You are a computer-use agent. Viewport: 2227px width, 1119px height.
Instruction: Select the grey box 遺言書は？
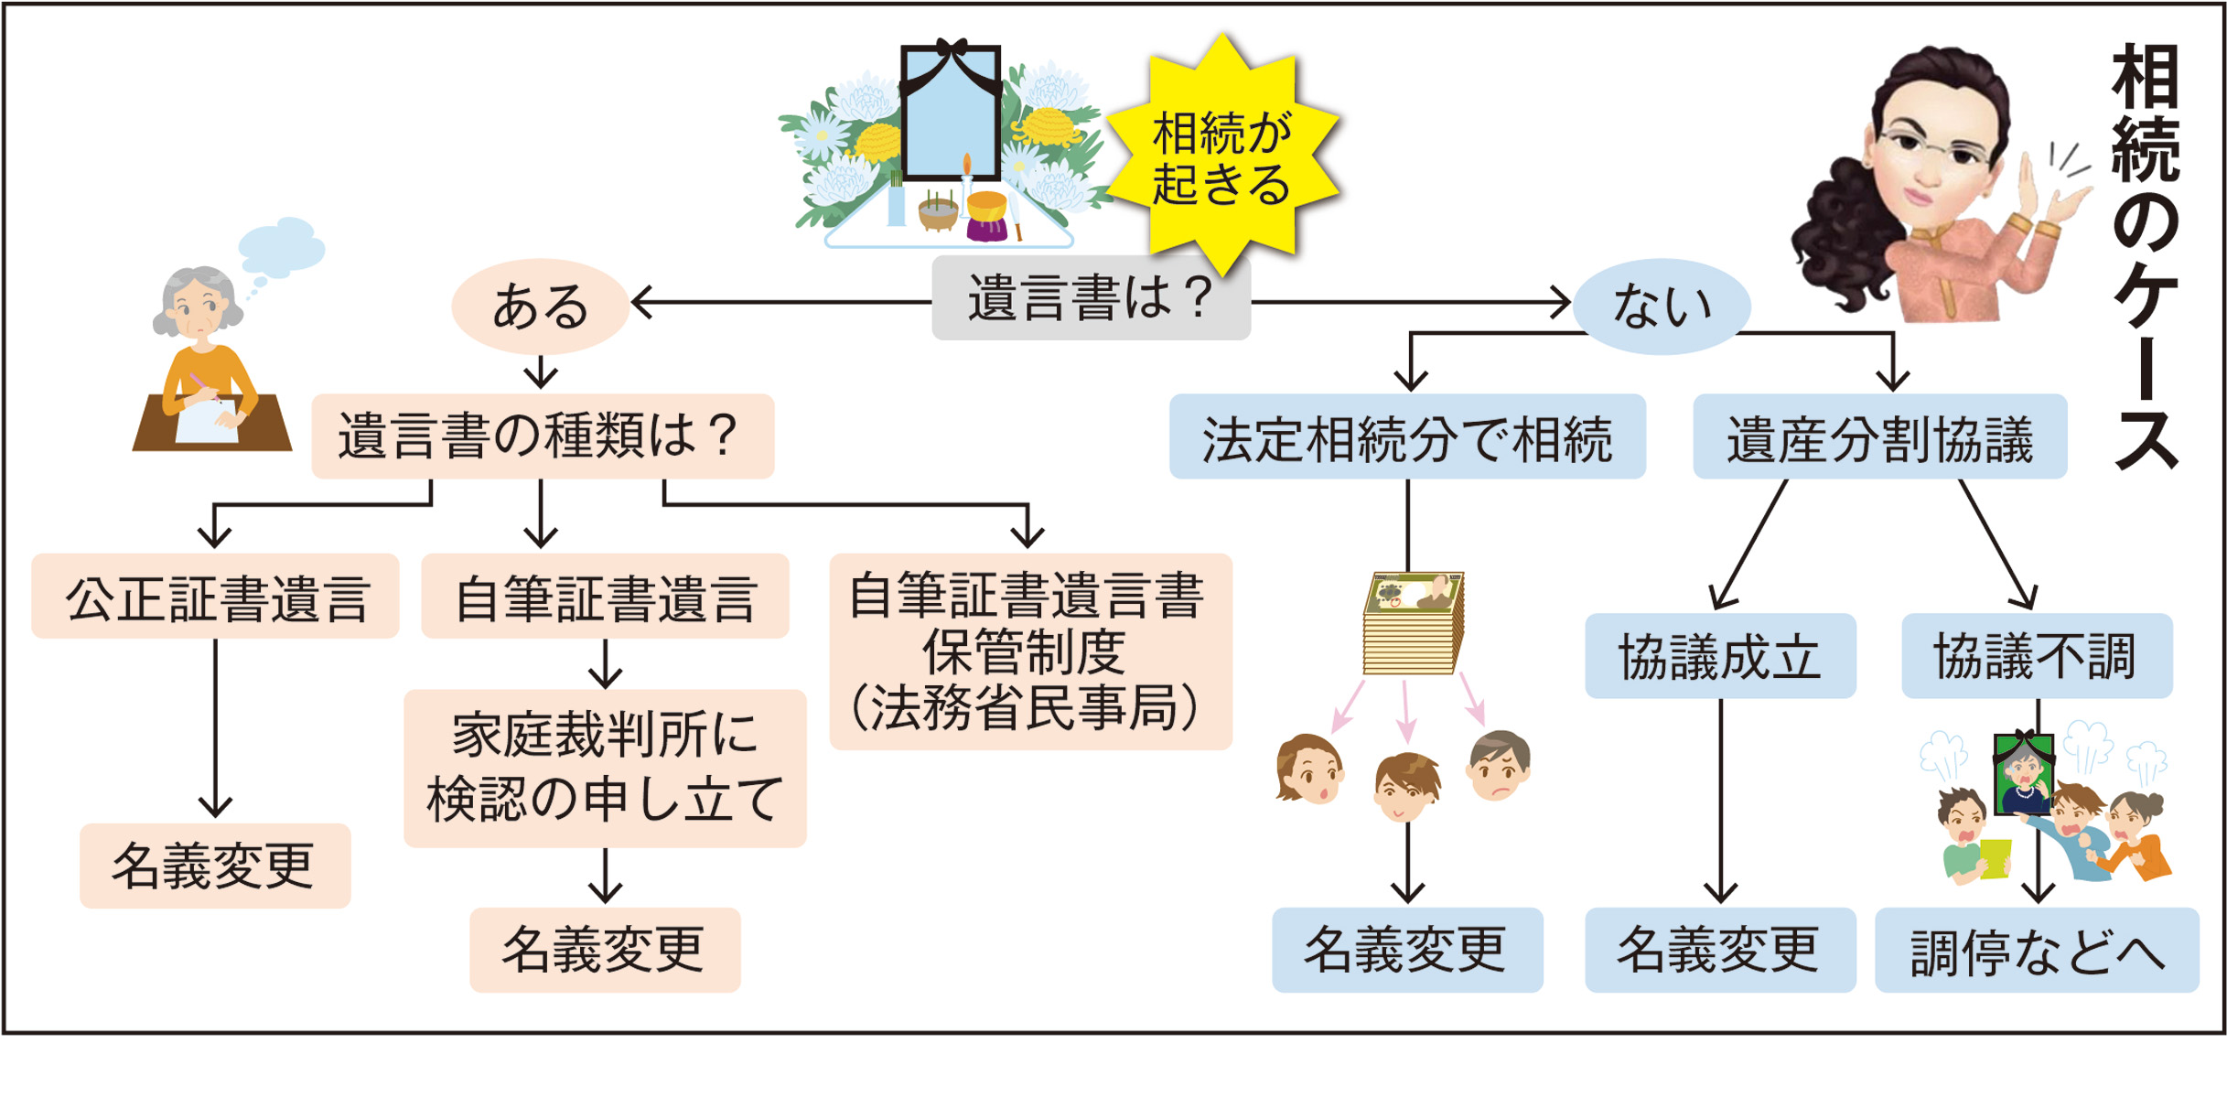click(1091, 298)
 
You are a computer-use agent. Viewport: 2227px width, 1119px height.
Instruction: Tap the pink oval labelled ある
click(540, 307)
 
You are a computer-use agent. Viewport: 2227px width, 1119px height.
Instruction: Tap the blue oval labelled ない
click(1661, 307)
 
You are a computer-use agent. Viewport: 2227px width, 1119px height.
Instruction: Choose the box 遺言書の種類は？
click(543, 436)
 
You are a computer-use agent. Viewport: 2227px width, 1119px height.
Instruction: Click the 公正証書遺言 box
click(215, 597)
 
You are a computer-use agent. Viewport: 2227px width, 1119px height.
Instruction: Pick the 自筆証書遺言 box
click(605, 597)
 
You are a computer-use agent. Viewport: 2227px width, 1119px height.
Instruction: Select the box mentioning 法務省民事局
click(1029, 651)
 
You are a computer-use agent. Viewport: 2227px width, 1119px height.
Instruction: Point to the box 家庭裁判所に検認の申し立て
click(605, 769)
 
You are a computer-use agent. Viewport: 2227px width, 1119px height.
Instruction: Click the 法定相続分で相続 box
click(1406, 436)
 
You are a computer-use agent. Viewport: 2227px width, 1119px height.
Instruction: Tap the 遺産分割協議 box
click(1879, 436)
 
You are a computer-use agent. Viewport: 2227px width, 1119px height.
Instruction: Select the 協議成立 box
click(1719, 656)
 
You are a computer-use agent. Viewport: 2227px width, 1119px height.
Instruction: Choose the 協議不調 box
click(2036, 656)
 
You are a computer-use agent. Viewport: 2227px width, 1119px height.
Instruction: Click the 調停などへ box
click(2036, 951)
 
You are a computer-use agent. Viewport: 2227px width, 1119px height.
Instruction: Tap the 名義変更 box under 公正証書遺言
click(215, 866)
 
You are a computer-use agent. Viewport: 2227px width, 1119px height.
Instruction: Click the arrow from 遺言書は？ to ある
click(778, 301)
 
